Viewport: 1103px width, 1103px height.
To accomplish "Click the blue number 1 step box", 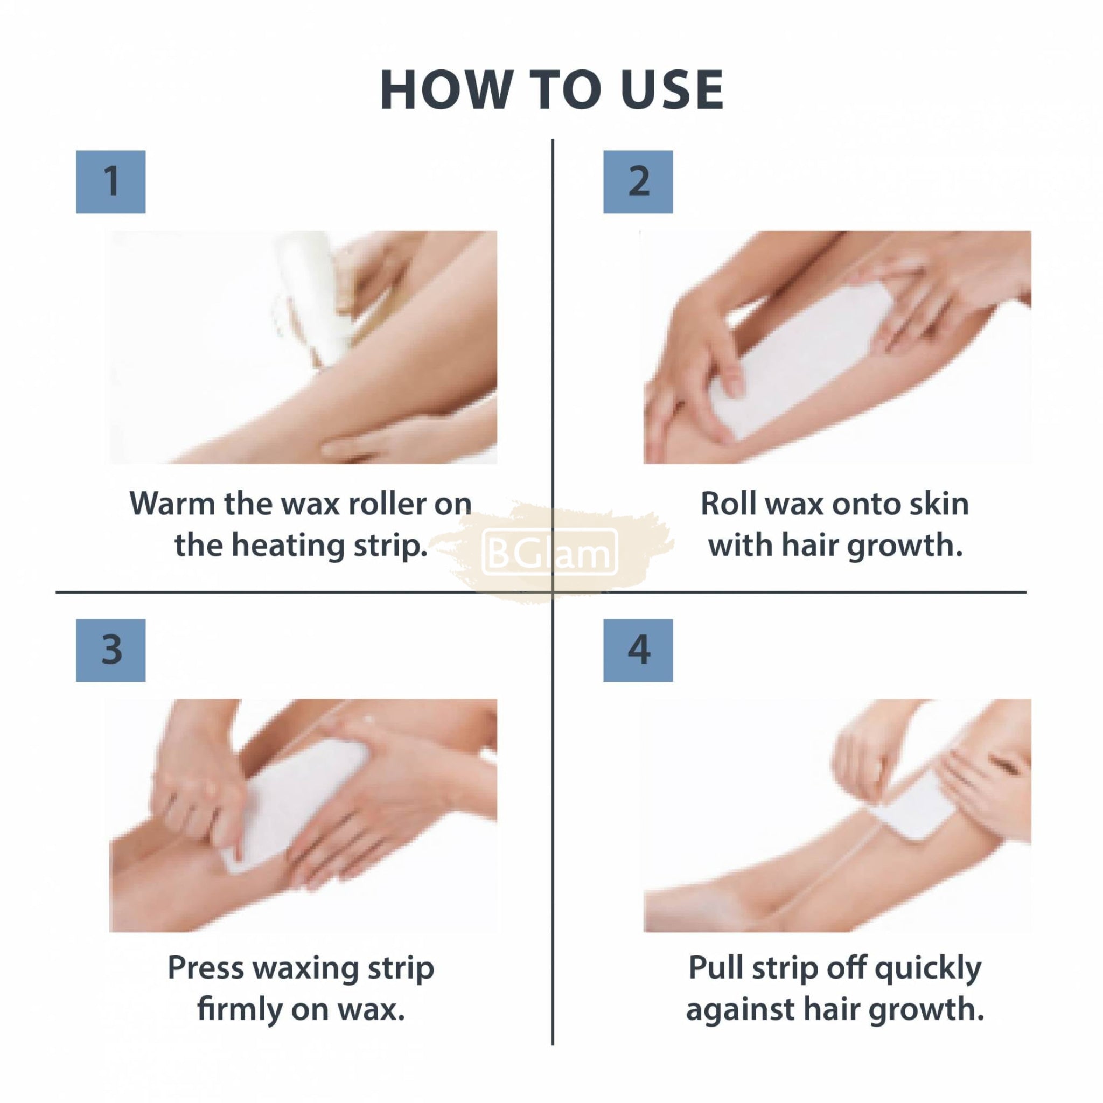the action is pyautogui.click(x=111, y=181).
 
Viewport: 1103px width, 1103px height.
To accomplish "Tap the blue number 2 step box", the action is pyautogui.click(x=638, y=181).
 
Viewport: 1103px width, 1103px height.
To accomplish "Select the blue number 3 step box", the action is pyautogui.click(x=111, y=650).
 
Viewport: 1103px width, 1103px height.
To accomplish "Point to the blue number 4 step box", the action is pyautogui.click(x=638, y=650).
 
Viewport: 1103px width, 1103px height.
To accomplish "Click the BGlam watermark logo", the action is pyautogui.click(x=550, y=552).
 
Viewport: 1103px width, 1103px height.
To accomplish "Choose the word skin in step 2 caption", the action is pyautogui.click(x=940, y=504).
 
